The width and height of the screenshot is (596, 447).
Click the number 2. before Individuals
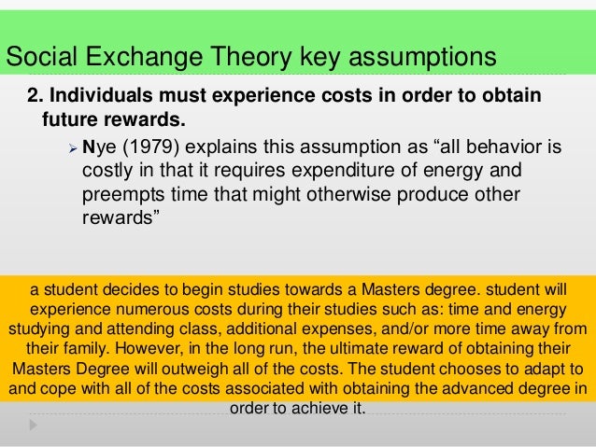coord(34,100)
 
